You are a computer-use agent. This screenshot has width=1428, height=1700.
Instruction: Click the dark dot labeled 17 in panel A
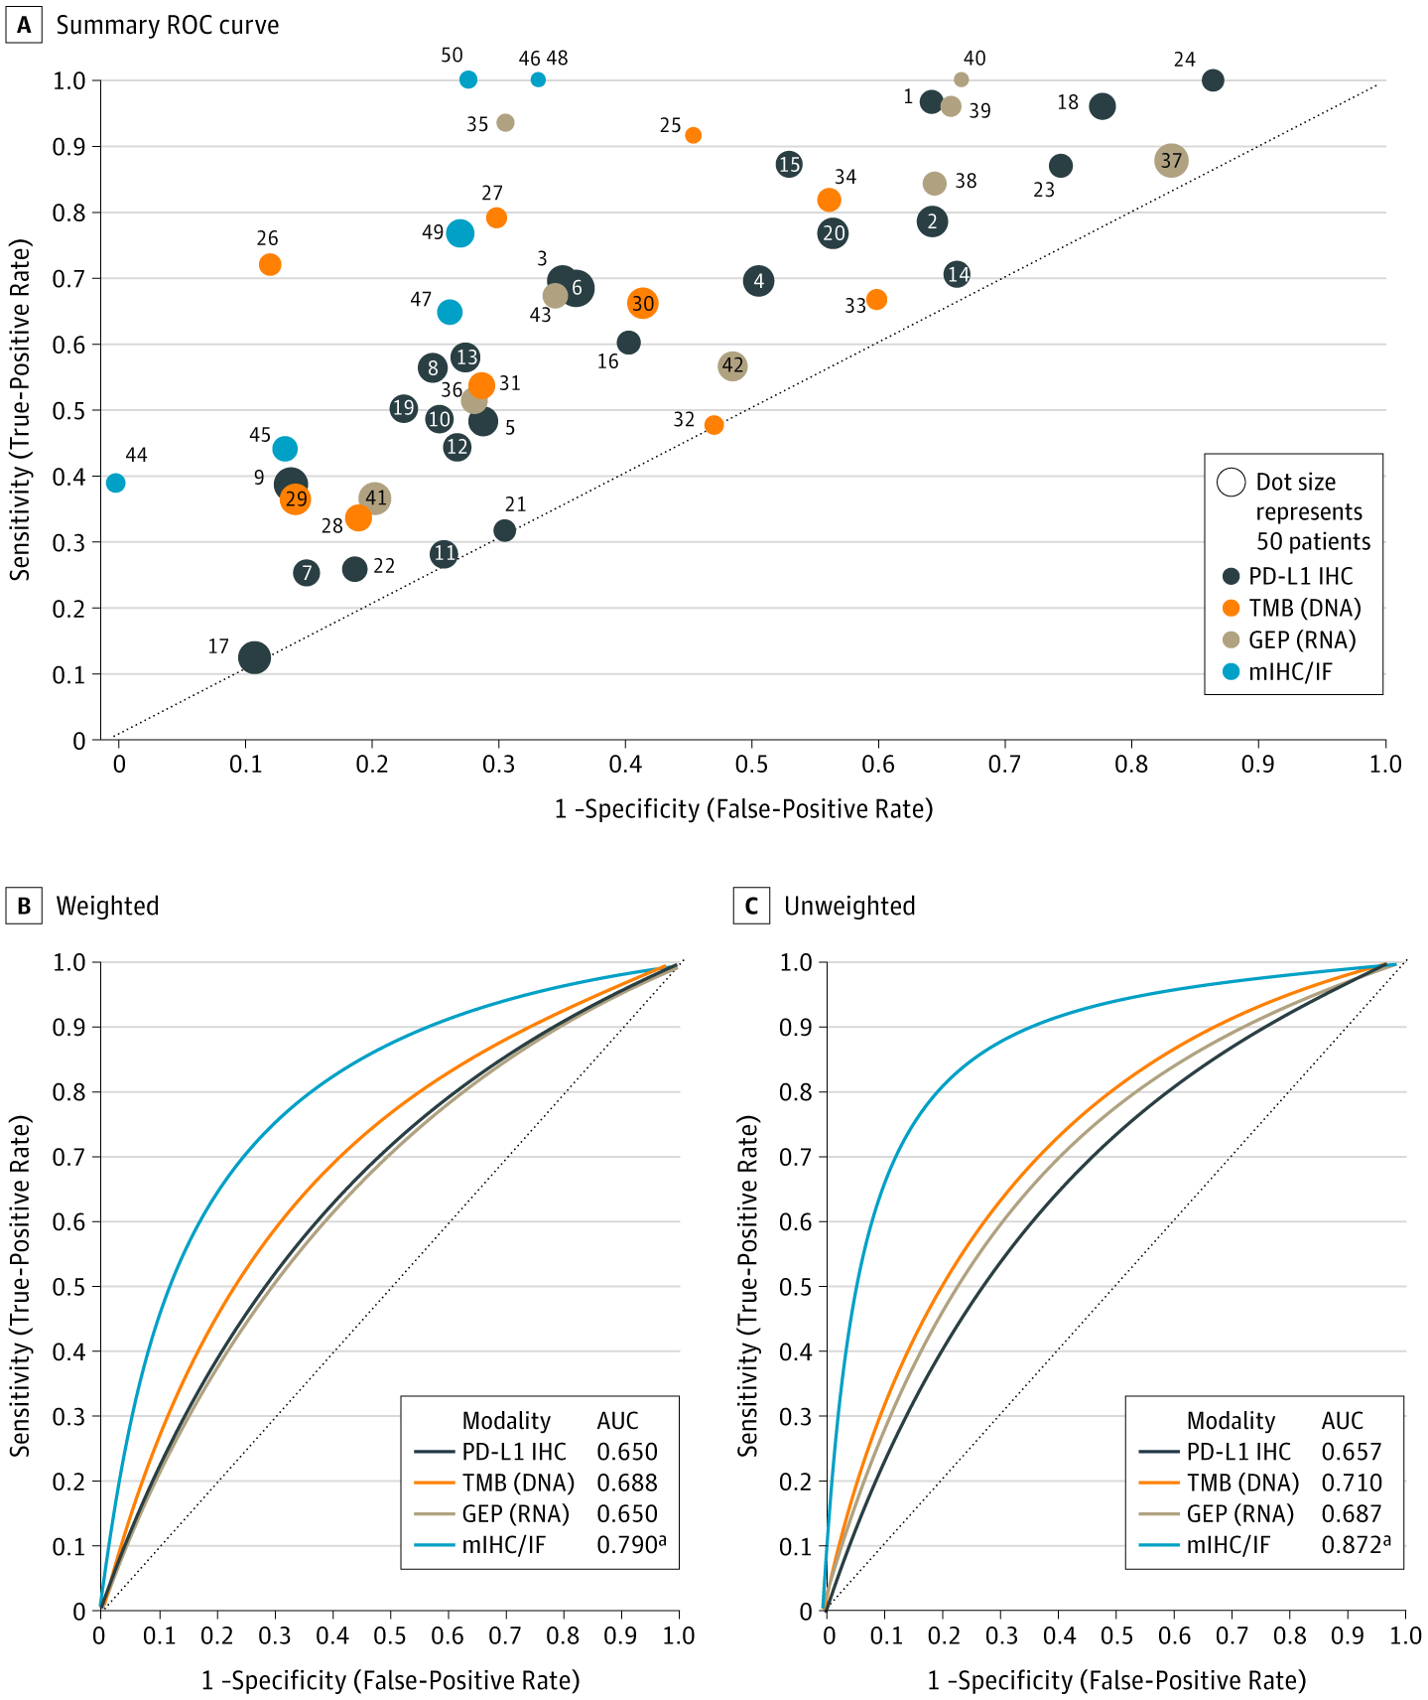pyautogui.click(x=255, y=656)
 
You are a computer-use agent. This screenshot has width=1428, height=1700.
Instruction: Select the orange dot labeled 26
pyautogui.click(x=270, y=264)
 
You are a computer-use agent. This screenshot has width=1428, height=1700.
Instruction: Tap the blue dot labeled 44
pyautogui.click(x=116, y=483)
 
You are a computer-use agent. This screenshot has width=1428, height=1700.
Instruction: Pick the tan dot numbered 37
pyautogui.click(x=1171, y=161)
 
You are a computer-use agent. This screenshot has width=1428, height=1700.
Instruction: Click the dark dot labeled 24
pyautogui.click(x=1213, y=80)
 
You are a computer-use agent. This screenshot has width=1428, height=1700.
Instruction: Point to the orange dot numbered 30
pyautogui.click(x=643, y=304)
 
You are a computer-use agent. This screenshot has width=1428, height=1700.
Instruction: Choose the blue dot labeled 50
pyautogui.click(x=468, y=79)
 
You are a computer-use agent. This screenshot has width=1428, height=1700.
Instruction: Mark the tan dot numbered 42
pyautogui.click(x=732, y=366)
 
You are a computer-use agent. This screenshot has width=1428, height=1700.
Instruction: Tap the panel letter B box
pyautogui.click(x=24, y=906)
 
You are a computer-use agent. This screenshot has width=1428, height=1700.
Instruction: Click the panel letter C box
pyautogui.click(x=751, y=906)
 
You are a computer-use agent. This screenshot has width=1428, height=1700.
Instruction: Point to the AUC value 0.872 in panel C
pyautogui.click(x=1351, y=1545)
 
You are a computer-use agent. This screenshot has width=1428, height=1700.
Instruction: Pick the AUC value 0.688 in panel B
pyautogui.click(x=626, y=1483)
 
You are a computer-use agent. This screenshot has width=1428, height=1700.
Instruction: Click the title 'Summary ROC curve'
pyautogui.click(x=167, y=25)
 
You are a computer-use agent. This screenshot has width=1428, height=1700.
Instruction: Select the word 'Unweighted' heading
pyautogui.click(x=849, y=906)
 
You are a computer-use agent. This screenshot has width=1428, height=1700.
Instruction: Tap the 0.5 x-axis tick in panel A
pyautogui.click(x=752, y=764)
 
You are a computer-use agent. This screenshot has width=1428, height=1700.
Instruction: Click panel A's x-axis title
pyautogui.click(x=743, y=809)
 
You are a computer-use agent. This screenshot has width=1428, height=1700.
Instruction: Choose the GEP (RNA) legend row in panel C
pyautogui.click(x=1240, y=1513)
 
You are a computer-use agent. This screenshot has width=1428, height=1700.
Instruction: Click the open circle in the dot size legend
pyautogui.click(x=1232, y=483)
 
